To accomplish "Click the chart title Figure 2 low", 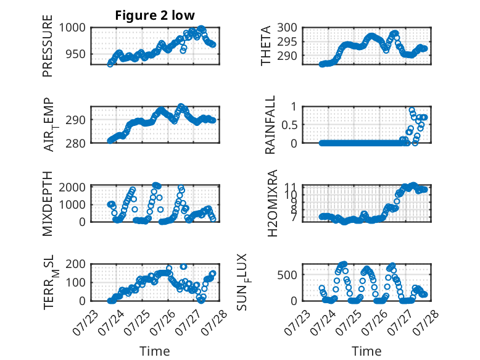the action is [155, 15].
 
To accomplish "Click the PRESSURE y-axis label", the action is [48, 46].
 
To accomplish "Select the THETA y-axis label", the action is [266, 46].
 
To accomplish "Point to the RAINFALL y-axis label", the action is [270, 125].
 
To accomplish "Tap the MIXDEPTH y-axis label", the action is [48, 204].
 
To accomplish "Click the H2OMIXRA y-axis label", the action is [272, 203].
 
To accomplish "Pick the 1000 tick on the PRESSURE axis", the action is [72, 28].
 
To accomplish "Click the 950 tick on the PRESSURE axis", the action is [76, 54].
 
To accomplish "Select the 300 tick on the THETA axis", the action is [287, 28].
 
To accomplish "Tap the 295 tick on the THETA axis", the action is [287, 41].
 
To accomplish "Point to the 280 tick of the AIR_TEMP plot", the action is [76, 143].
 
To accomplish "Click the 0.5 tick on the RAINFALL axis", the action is [289, 125].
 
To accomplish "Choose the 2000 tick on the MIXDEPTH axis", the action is [72, 187].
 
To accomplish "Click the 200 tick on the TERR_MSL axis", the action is [76, 264].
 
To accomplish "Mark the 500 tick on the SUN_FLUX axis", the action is [287, 275].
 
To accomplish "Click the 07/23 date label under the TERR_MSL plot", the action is [85, 322].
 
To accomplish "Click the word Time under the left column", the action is [155, 351].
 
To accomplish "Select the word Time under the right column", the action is [366, 351].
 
